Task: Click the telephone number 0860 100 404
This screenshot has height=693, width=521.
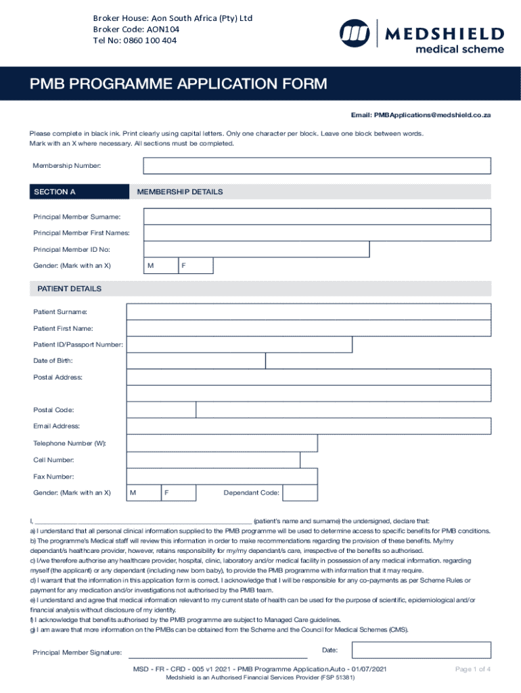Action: pyautogui.click(x=135, y=40)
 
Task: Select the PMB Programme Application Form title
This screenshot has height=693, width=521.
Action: pyautogui.click(x=178, y=84)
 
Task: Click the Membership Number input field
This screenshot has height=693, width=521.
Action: pyautogui.click(x=317, y=166)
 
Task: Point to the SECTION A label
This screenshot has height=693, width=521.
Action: pyautogui.click(x=54, y=192)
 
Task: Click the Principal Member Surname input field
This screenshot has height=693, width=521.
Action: pyautogui.click(x=317, y=217)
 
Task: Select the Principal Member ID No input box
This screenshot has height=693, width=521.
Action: pyautogui.click(x=256, y=250)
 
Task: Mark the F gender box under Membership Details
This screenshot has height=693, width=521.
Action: pyautogui.click(x=196, y=266)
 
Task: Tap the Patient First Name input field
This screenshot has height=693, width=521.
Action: pyautogui.click(x=309, y=328)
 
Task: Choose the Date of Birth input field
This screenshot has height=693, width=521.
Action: pyautogui.click(x=196, y=361)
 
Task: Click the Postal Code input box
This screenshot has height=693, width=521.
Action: pyautogui.click(x=161, y=410)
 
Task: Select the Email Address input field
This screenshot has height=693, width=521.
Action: pyautogui.click(x=309, y=426)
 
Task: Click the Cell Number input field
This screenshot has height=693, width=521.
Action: pyautogui.click(x=213, y=460)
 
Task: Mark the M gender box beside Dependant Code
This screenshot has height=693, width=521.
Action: pyautogui.click(x=143, y=493)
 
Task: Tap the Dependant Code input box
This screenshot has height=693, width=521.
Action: pyautogui.click(x=300, y=493)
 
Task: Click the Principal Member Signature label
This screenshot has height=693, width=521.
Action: pyautogui.click(x=77, y=652)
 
